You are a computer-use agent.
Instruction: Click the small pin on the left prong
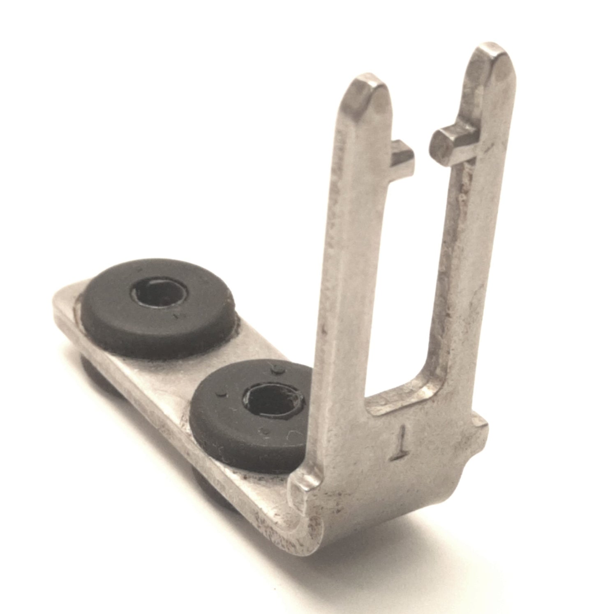coord(402,155)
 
